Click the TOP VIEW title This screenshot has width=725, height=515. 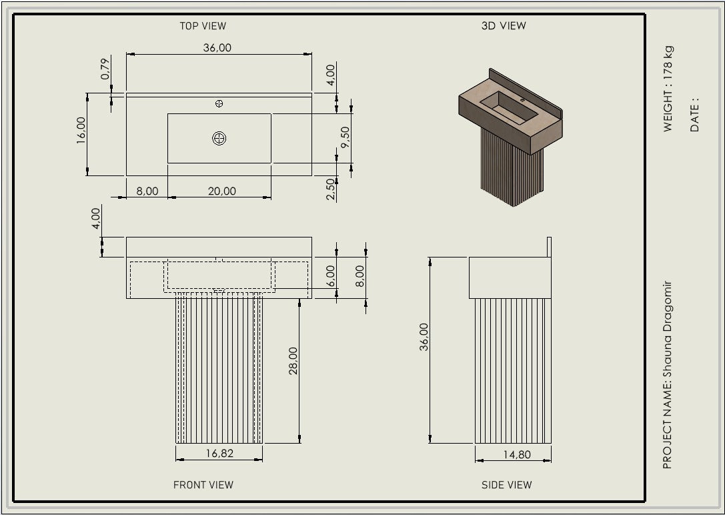click(x=203, y=26)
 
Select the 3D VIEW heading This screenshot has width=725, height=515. click(x=504, y=26)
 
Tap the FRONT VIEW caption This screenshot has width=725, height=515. click(x=203, y=485)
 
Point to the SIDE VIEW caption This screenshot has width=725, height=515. click(x=507, y=485)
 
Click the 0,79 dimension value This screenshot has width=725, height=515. click(x=105, y=70)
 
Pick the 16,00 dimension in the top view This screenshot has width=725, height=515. click(x=81, y=130)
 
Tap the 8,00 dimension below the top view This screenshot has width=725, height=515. click(x=147, y=191)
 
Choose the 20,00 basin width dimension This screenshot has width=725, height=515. click(x=222, y=191)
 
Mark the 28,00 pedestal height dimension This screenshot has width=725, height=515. click(x=293, y=360)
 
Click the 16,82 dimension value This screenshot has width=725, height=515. click(x=219, y=454)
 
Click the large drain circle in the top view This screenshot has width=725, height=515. click(x=219, y=138)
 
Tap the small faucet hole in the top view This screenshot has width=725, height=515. click(x=219, y=103)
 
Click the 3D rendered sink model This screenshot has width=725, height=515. click(x=511, y=133)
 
